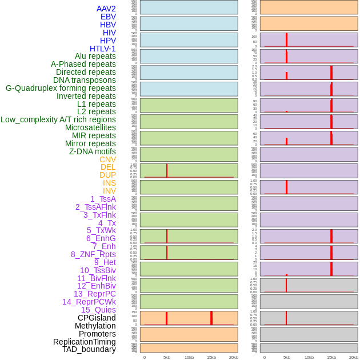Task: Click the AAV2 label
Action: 106,9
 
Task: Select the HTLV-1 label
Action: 103,49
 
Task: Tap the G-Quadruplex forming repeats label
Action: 61,88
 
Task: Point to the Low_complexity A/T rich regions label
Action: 58,119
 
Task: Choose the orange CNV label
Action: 107,159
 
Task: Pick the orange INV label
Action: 109,191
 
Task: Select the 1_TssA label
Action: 103,199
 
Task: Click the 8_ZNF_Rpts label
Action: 93,254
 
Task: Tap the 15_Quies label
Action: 98,310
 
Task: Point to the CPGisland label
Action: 97,318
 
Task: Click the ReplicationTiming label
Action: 85,342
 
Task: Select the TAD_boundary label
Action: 89,349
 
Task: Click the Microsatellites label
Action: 90,127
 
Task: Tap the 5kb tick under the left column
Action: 167,357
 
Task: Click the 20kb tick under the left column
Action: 234,357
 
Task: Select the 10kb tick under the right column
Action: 309,357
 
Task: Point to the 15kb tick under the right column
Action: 331,357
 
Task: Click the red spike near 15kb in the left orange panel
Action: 211,318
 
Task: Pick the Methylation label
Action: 95,326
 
